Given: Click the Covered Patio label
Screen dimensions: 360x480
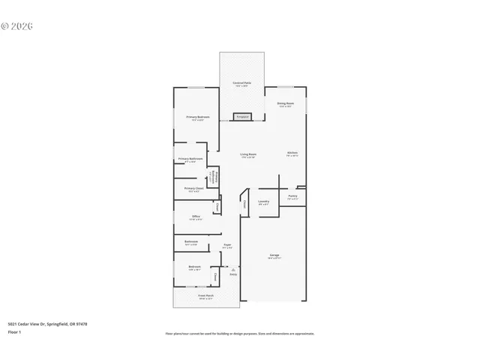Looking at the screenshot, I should pyautogui.click(x=241, y=82).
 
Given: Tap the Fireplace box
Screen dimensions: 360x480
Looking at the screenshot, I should pyautogui.click(x=242, y=116).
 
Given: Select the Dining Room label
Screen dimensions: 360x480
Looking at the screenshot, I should pyautogui.click(x=286, y=103).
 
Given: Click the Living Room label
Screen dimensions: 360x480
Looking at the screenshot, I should pyautogui.click(x=248, y=154).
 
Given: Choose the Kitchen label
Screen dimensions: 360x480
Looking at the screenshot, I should pyautogui.click(x=292, y=154).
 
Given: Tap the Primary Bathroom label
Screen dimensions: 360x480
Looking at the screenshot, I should pyautogui.click(x=190, y=159).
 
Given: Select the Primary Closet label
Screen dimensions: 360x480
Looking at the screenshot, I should pyautogui.click(x=193, y=189).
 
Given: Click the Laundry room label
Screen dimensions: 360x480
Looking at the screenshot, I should pyautogui.click(x=263, y=201).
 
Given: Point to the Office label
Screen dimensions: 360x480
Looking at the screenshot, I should pyautogui.click(x=196, y=217).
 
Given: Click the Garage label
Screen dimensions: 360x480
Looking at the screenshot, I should pyautogui.click(x=274, y=256).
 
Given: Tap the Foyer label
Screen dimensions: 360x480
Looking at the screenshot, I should pyautogui.click(x=227, y=245).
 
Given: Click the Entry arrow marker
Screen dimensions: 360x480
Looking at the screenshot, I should pyautogui.click(x=233, y=271).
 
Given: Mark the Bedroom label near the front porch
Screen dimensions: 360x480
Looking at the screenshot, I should pyautogui.click(x=194, y=267).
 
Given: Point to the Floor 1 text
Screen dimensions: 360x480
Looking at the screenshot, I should pyautogui.click(x=15, y=331).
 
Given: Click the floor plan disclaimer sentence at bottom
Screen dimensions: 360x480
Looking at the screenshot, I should pyautogui.click(x=240, y=334).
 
